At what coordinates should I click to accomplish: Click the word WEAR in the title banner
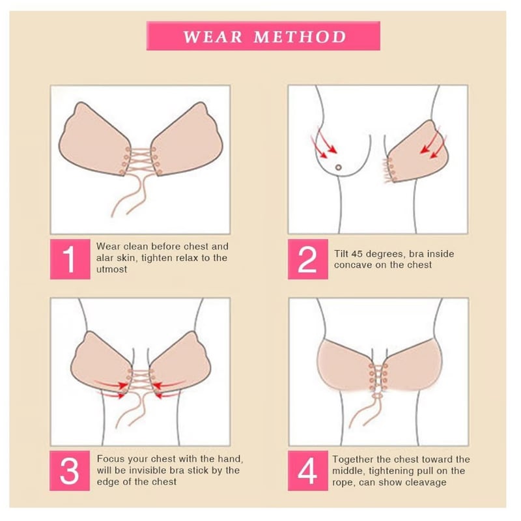click(213, 36)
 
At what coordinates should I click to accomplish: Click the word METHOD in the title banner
click(300, 36)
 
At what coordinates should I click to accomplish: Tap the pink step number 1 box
click(70, 259)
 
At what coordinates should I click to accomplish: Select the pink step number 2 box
click(307, 259)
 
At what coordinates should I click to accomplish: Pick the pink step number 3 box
click(70, 470)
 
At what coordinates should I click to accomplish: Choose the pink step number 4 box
click(307, 470)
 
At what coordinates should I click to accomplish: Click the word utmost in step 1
click(111, 269)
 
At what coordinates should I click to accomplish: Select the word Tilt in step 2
click(341, 254)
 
